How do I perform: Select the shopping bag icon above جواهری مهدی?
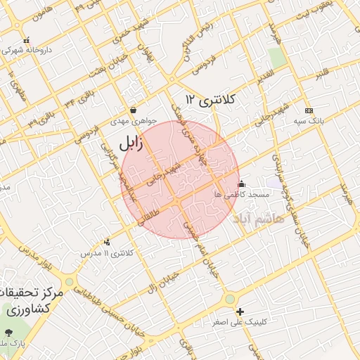pos(133,110)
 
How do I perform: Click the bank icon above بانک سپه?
pos(308,111)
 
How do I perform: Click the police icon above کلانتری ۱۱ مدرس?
pos(107,243)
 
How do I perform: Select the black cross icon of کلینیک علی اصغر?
pos(240,311)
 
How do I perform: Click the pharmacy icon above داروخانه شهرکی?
pos(26,40)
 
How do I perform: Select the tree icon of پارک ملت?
pos(8,333)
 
